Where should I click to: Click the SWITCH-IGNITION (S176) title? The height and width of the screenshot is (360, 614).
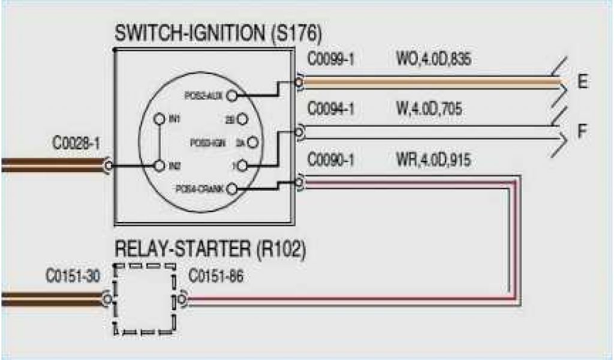click(218, 34)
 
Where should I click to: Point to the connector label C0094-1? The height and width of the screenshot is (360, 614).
click(331, 110)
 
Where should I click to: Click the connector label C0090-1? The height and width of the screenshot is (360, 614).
click(331, 160)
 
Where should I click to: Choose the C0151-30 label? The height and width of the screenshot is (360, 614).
click(74, 277)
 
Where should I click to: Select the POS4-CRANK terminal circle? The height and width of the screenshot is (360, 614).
click(233, 190)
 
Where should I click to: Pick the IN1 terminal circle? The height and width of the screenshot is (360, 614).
click(159, 119)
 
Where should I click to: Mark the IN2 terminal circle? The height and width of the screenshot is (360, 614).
click(159, 164)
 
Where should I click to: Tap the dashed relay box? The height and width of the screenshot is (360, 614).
click(145, 298)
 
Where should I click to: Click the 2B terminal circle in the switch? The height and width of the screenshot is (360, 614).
click(242, 119)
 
